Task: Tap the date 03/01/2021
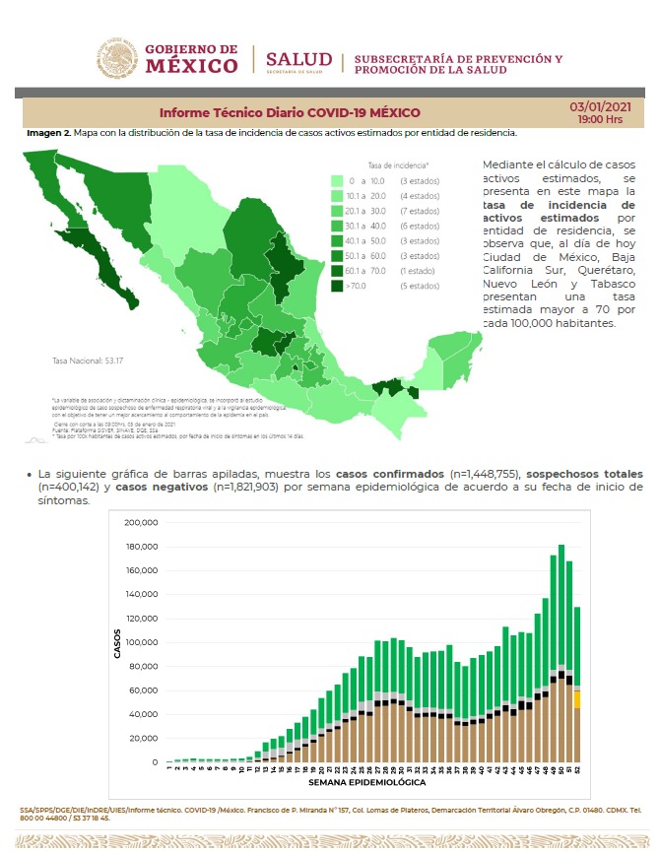599,106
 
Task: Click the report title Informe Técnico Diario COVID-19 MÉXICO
290,112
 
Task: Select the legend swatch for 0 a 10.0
337,181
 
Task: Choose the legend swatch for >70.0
337,286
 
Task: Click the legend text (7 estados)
419,211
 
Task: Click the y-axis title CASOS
117,643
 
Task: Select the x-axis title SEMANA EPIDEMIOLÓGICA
366,783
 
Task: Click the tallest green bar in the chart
560,605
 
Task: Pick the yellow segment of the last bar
576,699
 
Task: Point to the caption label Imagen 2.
47,133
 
